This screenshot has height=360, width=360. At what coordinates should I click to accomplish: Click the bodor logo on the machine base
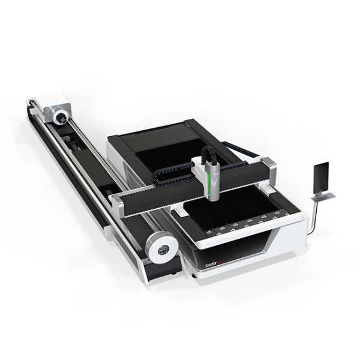click(x=211, y=263)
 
